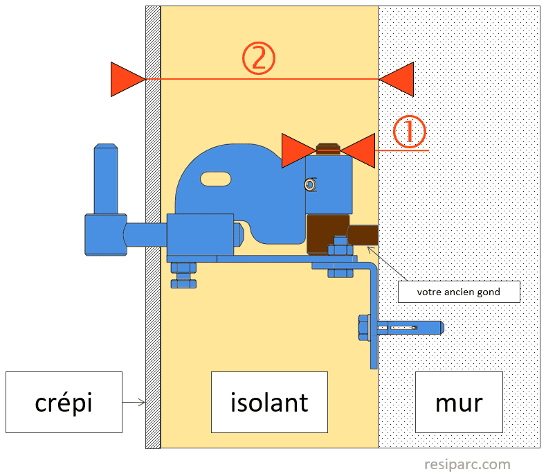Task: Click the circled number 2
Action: coord(259,58)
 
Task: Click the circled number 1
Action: coord(410,132)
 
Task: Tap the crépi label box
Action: coord(64,402)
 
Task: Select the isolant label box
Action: coord(269,402)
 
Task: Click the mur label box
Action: coord(459,402)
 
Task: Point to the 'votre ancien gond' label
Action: coord(459,292)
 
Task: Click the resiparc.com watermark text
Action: coord(467,464)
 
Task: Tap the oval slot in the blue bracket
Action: coord(215,179)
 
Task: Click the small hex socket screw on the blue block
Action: coord(310,184)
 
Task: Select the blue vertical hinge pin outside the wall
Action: coord(106,179)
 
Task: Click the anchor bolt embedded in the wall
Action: coord(410,328)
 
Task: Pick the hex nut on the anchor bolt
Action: coord(364,328)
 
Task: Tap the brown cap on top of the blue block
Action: coord(328,148)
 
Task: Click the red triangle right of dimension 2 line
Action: coord(397,79)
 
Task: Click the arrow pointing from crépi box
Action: coord(134,402)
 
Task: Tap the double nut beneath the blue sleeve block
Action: coord(183,275)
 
